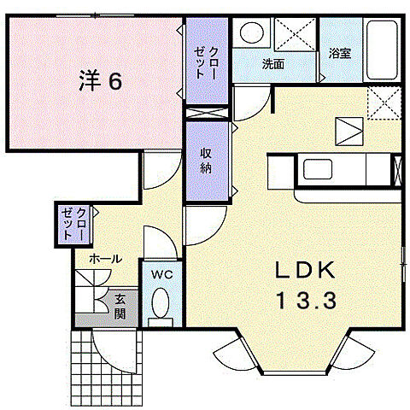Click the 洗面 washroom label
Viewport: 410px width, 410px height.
coord(273,64)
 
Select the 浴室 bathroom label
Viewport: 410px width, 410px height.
coord(339,54)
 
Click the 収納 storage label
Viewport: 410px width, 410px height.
coord(207,159)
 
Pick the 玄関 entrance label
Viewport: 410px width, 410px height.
coord(122,306)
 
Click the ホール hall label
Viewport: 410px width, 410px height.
coord(104,258)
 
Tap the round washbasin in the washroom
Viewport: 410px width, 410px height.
coord(249,33)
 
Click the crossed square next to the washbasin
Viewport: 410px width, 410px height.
coord(296,36)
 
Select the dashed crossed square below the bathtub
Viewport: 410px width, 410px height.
coord(383,105)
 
